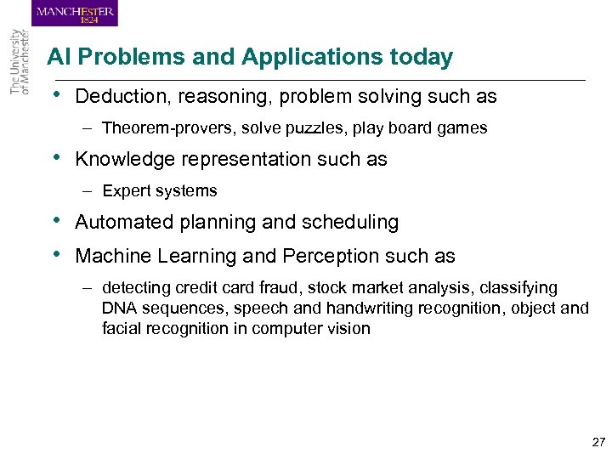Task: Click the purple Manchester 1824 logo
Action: point(75,14)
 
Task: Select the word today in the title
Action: point(421,58)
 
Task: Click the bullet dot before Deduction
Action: point(55,96)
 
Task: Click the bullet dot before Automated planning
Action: point(55,221)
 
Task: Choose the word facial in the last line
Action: point(122,328)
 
